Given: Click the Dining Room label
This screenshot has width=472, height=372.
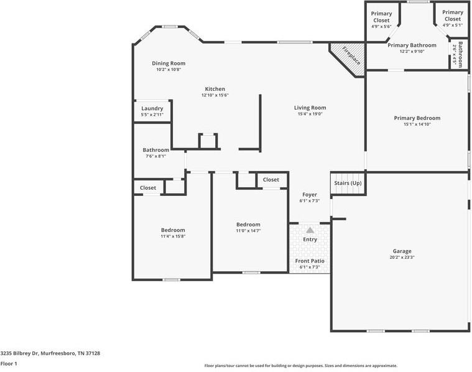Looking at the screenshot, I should point(169,63).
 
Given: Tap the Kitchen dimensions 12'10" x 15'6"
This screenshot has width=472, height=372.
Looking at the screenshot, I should point(215,96).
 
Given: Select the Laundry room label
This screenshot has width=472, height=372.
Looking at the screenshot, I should point(152,108).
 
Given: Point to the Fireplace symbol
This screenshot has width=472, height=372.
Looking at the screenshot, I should point(351,57).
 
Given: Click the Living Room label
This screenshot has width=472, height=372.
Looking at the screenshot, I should point(310,108).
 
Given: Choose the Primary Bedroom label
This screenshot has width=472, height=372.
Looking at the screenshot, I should point(417,118).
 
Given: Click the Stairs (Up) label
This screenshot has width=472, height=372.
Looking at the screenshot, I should point(348,183).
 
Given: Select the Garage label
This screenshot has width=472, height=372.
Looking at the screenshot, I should point(402,251).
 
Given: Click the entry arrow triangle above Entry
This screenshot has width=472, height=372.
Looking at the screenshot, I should point(310,230).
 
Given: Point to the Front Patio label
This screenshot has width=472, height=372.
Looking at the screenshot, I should point(310,261).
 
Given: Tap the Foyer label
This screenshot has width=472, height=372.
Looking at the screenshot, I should point(310,195).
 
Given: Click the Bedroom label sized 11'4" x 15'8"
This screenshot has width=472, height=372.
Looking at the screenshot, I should point(173,230).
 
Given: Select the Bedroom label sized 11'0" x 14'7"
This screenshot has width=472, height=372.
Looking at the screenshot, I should point(248,225).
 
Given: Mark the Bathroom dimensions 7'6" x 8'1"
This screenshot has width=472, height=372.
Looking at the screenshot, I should point(155,156).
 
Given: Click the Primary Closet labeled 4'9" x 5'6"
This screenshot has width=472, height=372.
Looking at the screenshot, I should point(381,16).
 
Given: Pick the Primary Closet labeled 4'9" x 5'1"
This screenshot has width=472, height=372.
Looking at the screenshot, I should point(453,16).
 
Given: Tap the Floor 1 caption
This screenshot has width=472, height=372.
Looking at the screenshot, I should point(9,363).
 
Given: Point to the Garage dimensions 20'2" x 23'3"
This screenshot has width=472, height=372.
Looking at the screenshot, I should point(402,258).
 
